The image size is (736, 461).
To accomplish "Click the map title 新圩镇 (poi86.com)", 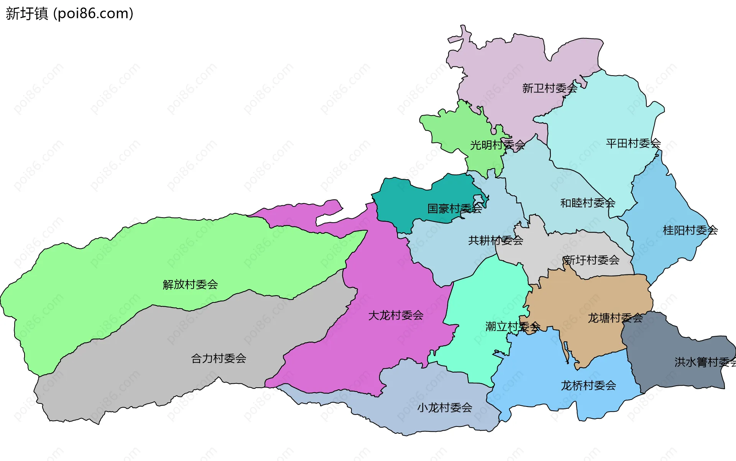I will tap(69, 13).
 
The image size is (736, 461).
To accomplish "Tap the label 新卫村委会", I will tap(550, 88).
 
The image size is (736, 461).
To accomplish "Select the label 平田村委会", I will tap(633, 144).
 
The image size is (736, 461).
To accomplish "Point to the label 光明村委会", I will tap(498, 145).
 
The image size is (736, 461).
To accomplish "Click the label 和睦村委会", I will tap(588, 203).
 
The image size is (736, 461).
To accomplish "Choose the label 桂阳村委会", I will tap(690, 230).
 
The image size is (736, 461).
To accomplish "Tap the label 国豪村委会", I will tap(455, 209).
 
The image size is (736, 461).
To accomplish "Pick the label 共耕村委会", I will tap(496, 241).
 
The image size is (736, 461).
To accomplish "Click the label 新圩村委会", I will tap(591, 260).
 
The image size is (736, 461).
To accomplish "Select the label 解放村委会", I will tap(190, 284).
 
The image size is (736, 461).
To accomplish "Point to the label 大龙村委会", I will tap(396, 316).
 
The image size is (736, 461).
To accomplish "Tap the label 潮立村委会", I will tap(513, 327).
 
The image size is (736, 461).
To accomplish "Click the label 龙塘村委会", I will tap(615, 318).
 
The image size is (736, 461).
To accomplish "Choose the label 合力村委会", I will tap(219, 359).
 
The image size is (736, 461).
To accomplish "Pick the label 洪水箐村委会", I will tap(705, 362).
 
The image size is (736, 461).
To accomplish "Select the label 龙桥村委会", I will tap(588, 385).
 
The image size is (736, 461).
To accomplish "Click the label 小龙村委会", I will tap(445, 408).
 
